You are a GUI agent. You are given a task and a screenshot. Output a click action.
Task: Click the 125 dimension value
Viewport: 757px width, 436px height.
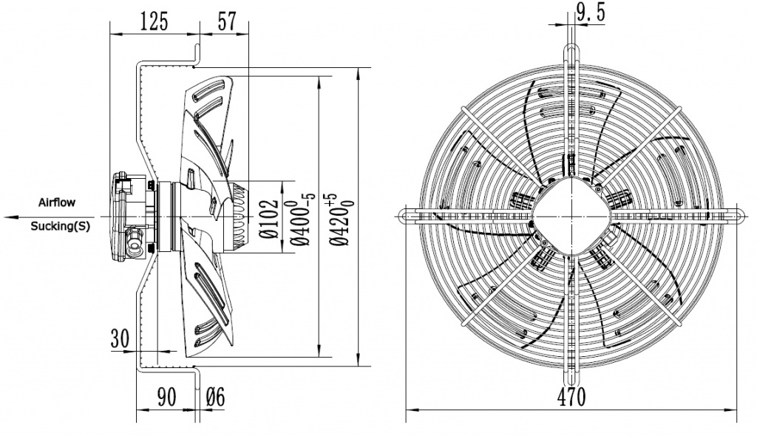154,21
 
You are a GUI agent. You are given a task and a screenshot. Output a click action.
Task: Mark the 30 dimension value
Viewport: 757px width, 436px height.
120,338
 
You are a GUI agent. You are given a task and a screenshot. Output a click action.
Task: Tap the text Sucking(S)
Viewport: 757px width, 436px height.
60,227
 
